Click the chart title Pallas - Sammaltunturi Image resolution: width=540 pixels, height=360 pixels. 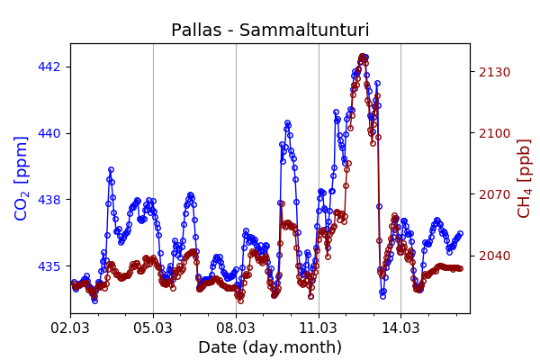pos(270,31)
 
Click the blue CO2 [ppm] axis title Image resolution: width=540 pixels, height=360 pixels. pos(22,177)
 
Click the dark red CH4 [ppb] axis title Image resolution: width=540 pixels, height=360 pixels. pos(524,177)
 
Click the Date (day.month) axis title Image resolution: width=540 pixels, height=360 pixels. pos(270,347)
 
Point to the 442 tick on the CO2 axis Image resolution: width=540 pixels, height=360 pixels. pos(49,67)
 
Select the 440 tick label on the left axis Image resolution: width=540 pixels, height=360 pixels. pos(49,133)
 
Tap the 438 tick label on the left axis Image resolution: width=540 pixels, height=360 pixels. pos(49,200)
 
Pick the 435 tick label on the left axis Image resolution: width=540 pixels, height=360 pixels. pos(49,266)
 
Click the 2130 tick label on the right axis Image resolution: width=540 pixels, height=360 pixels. pos(494,72)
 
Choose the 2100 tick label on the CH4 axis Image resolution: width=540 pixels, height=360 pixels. pos(494,133)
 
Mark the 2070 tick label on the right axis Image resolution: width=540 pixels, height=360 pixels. pos(494,194)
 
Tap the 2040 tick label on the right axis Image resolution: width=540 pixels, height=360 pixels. pos(494,256)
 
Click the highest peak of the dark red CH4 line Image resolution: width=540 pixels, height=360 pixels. pos(363,57)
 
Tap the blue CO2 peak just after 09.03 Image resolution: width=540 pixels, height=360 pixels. pos(287,122)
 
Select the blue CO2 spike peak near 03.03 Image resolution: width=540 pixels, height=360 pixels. pos(111,169)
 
